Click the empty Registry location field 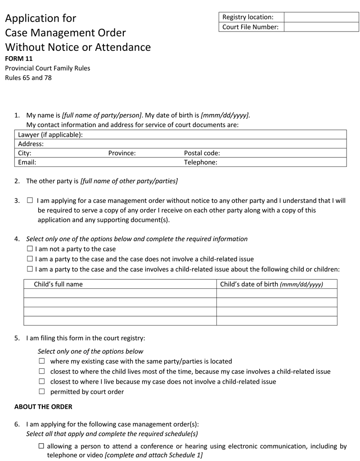coord(321,17)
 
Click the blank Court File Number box coord(321,27)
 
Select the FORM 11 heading coord(19,58)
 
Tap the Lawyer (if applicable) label coord(50,134)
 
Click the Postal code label coord(202,153)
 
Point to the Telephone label coord(201,162)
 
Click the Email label coord(27,162)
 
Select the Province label coord(122,153)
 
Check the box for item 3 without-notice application coord(30,201)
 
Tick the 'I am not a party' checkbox coord(30,249)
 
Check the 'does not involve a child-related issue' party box coord(30,259)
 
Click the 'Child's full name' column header coord(58,284)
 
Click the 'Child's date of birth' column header coord(271,284)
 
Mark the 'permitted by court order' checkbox coord(42,391)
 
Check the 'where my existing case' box coord(42,361)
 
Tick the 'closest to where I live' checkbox coord(42,381)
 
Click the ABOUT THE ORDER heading coord(43,407)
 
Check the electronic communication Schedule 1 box coord(41,446)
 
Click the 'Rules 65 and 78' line coord(28,78)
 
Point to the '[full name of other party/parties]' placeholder coord(129,181)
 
